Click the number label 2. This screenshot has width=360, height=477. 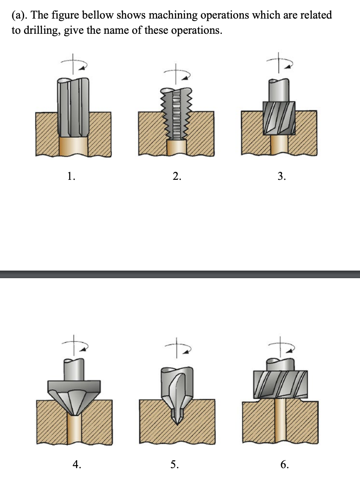click(x=177, y=177)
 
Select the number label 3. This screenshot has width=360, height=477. click(x=281, y=177)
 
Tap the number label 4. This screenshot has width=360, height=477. click(x=76, y=465)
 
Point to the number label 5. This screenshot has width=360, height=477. click(x=174, y=465)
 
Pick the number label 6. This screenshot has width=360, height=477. click(x=284, y=465)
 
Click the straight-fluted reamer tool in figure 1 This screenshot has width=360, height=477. click(x=73, y=106)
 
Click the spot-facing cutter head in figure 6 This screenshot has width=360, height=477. click(x=281, y=384)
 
